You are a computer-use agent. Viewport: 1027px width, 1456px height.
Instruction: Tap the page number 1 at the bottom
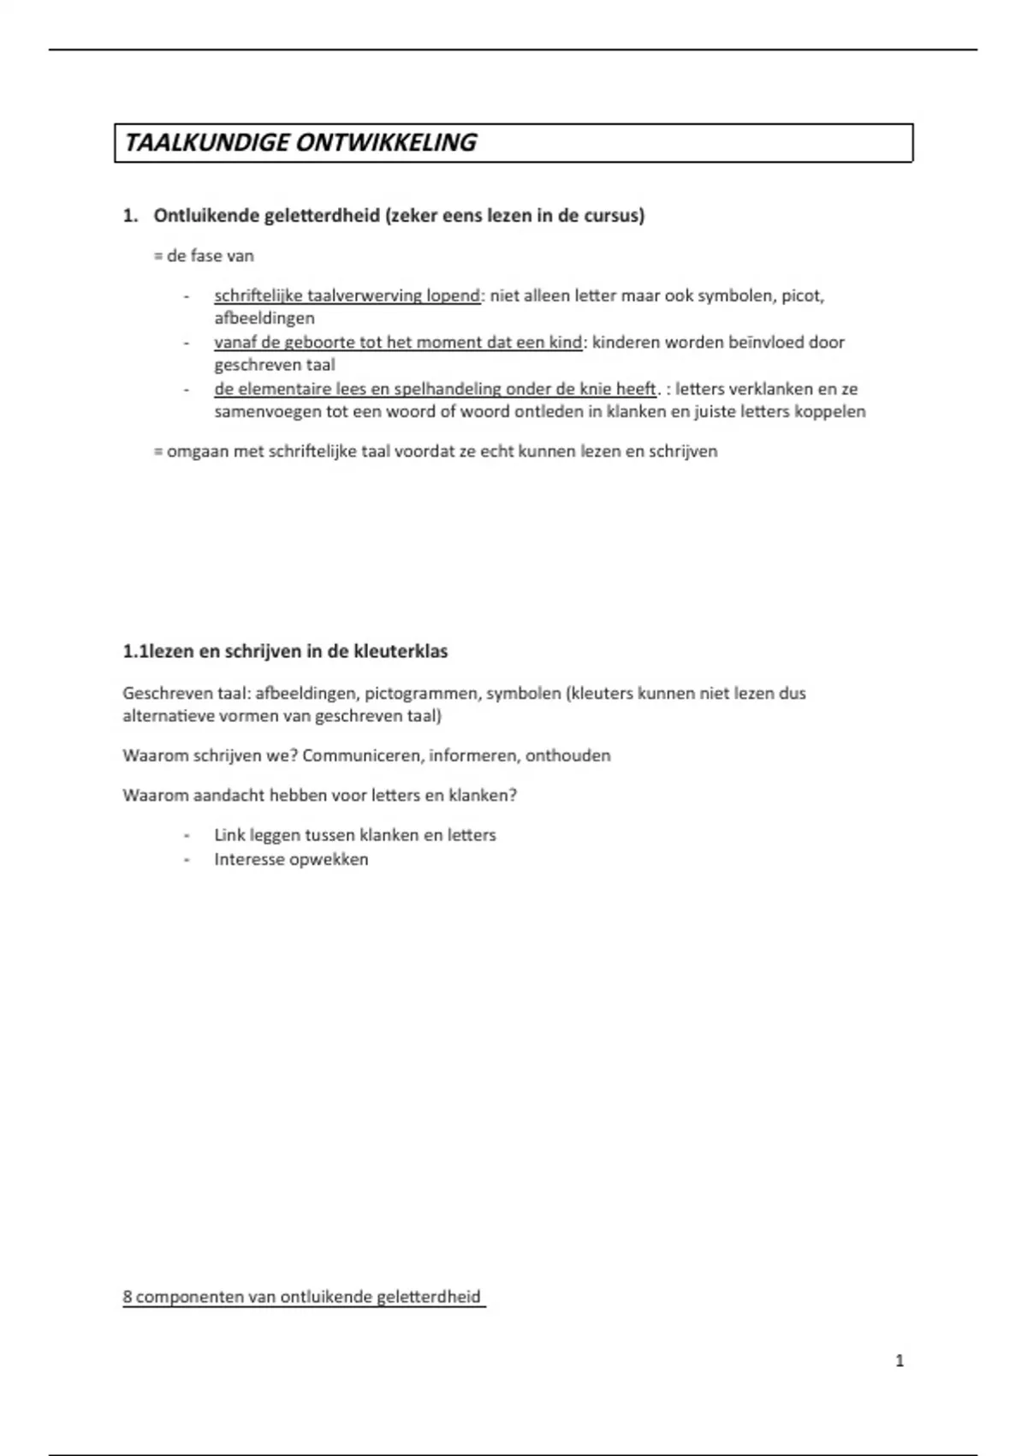click(x=899, y=1361)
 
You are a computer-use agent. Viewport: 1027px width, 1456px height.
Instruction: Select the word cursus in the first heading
click(x=611, y=216)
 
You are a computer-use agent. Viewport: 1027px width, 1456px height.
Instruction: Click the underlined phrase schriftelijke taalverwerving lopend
click(x=347, y=296)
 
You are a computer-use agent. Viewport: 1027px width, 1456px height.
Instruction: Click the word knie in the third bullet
click(x=596, y=389)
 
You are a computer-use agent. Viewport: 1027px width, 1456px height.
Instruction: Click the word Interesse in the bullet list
click(x=249, y=860)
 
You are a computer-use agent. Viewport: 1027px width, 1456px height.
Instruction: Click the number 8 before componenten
click(x=128, y=1298)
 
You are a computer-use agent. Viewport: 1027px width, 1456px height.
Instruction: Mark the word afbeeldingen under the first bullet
click(x=264, y=319)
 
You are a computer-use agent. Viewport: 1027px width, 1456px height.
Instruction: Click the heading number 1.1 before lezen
click(x=135, y=652)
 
